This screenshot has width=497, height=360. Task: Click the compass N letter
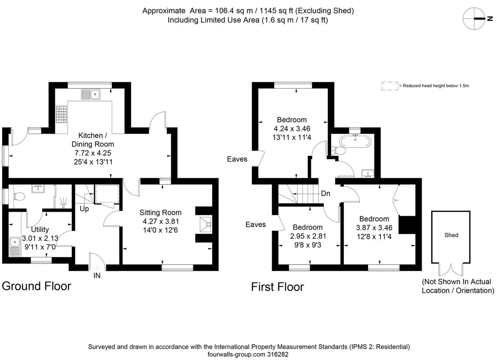tap(490, 19)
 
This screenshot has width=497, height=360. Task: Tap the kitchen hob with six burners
tap(61, 114)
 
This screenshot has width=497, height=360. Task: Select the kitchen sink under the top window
tap(91, 94)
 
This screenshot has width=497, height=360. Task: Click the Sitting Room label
tap(160, 213)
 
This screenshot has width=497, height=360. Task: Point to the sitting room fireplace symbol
tap(205, 225)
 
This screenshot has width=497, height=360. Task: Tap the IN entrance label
tap(97, 275)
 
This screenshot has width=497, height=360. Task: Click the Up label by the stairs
tap(84, 209)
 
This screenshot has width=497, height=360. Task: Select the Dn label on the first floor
tap(326, 193)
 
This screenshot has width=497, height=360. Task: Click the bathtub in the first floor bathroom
tap(355, 141)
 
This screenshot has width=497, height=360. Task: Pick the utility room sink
tap(15, 246)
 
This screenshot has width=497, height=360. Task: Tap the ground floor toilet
tap(19, 196)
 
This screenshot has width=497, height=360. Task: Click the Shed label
tap(451, 235)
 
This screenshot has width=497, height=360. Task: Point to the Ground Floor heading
tap(36, 286)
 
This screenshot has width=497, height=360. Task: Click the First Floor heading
tap(277, 287)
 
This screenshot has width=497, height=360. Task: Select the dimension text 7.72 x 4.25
tap(93, 153)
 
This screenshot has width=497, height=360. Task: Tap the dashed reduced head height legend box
tap(390, 86)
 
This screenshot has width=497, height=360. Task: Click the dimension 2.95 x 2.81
tap(308, 236)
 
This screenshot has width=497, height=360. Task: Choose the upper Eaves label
tap(237, 159)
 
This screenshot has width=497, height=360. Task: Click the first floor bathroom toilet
tap(338, 150)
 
